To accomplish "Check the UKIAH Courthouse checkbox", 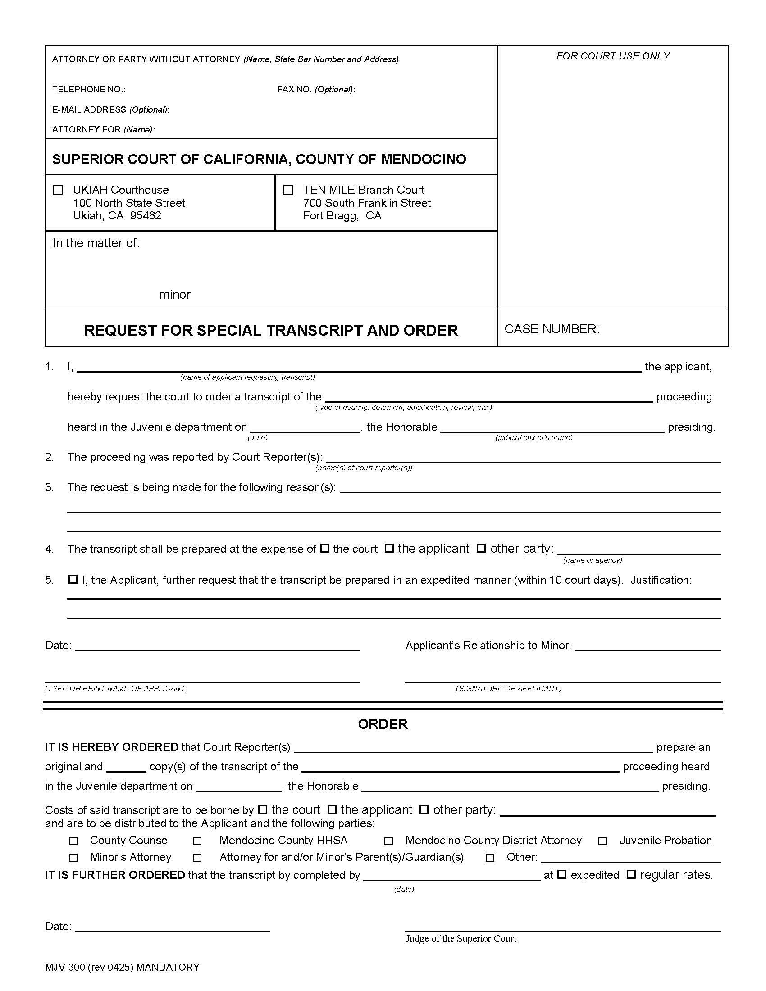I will pyautogui.click(x=58, y=190).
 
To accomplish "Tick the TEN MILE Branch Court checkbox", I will pyautogui.click(x=288, y=190).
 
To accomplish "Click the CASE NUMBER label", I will pyautogui.click(x=552, y=329).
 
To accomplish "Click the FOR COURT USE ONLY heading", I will pyautogui.click(x=613, y=56).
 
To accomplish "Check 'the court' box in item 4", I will pyautogui.click(x=324, y=548).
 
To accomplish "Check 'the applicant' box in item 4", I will pyautogui.click(x=389, y=548).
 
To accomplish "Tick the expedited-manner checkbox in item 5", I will pyautogui.click(x=73, y=579).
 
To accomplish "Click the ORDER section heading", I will pyautogui.click(x=383, y=724).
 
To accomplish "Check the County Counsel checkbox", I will pyautogui.click(x=73, y=841).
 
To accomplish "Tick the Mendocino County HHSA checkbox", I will pyautogui.click(x=197, y=841).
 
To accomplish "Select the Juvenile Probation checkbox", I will pyautogui.click(x=602, y=841).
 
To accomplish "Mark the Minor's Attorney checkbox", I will pyautogui.click(x=73, y=858).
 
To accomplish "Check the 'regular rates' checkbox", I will pyautogui.click(x=631, y=874).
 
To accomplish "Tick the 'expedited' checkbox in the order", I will pyautogui.click(x=562, y=874).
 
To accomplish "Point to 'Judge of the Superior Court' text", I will pyautogui.click(x=461, y=938).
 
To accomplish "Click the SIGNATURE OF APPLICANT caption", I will pyautogui.click(x=508, y=688).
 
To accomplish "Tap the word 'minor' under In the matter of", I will pyautogui.click(x=175, y=295).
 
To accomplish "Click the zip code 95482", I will pyautogui.click(x=145, y=215).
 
